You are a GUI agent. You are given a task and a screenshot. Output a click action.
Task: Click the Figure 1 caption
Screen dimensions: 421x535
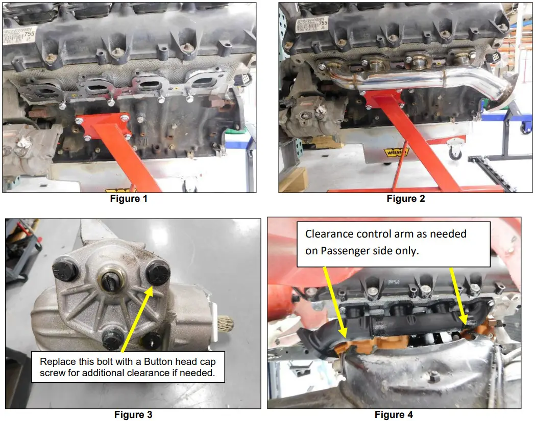pyautogui.click(x=129, y=199)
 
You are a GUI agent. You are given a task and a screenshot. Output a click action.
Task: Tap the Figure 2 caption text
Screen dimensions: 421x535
pyautogui.click(x=405, y=199)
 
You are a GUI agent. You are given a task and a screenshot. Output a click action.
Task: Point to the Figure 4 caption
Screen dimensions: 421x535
pyautogui.click(x=394, y=414)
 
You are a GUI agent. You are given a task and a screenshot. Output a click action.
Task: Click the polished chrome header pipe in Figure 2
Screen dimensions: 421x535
pyautogui.click(x=408, y=81)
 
